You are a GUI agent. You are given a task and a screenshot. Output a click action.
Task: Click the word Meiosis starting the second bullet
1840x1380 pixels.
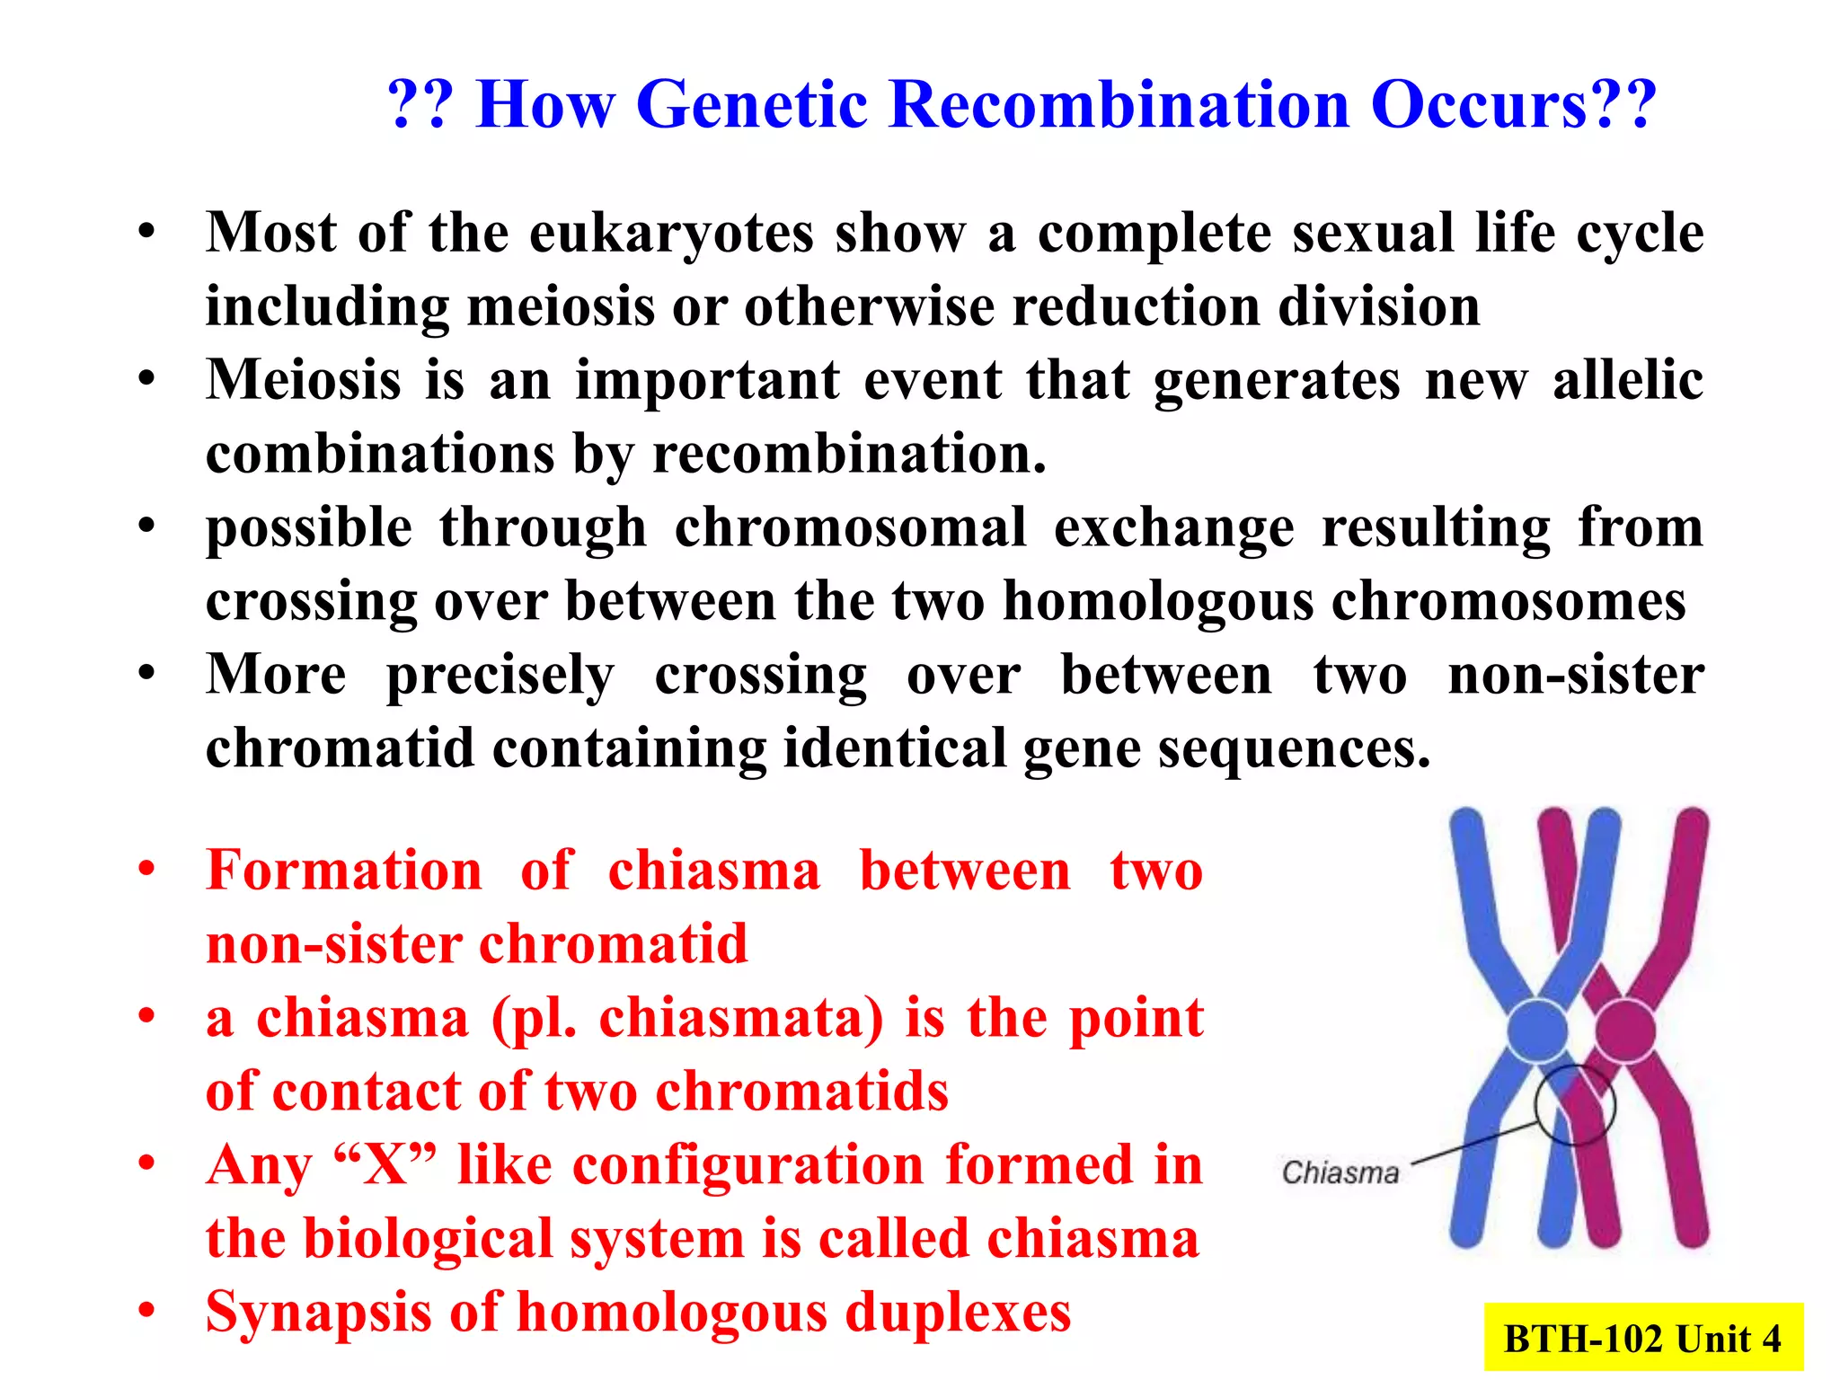coord(303,380)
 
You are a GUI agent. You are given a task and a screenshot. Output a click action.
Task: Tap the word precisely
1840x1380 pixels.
coord(500,676)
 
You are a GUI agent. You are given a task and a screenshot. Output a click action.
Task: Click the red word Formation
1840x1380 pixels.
coord(344,871)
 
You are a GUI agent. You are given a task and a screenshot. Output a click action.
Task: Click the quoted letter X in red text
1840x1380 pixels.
coord(385,1165)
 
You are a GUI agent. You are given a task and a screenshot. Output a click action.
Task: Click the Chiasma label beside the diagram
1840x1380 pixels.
coord(1340,1172)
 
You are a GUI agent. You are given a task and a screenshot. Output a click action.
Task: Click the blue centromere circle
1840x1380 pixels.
coord(1536,1031)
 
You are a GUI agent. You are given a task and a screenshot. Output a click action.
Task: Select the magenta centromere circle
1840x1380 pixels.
coord(1624,1031)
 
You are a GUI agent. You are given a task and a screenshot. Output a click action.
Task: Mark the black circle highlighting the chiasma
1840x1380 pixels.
coord(1574,1105)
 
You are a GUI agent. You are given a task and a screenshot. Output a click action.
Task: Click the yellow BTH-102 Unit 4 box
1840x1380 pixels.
coord(1642,1338)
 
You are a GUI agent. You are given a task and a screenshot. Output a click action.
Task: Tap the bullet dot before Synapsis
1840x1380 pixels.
coord(146,1310)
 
